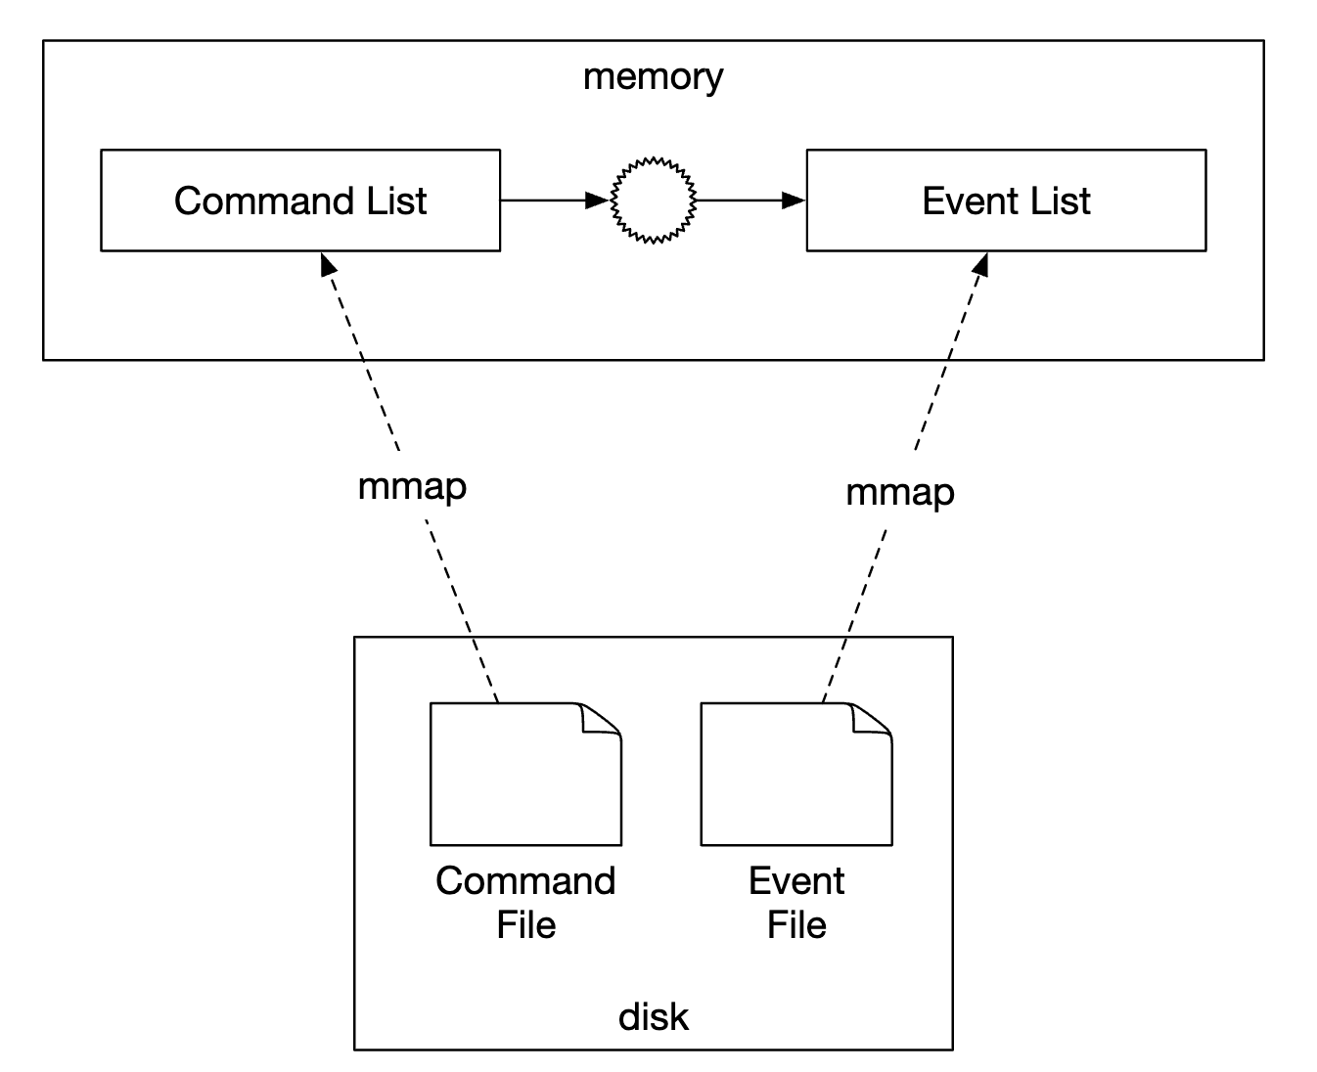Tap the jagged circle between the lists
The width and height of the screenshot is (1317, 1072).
653,200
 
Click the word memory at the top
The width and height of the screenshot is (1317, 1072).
653,76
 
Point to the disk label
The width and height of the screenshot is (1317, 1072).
653,1017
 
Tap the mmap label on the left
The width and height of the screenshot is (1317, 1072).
412,486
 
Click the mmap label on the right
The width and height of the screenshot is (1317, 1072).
899,492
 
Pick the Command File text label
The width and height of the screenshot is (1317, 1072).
525,902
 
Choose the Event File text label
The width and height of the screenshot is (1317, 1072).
795,902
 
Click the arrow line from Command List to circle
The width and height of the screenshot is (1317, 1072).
543,201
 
